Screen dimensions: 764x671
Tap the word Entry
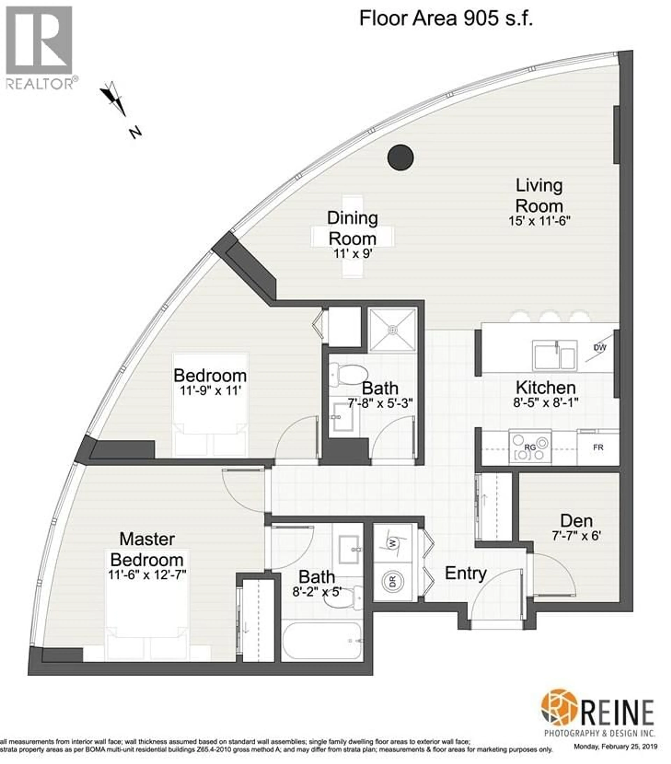click(465, 573)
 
